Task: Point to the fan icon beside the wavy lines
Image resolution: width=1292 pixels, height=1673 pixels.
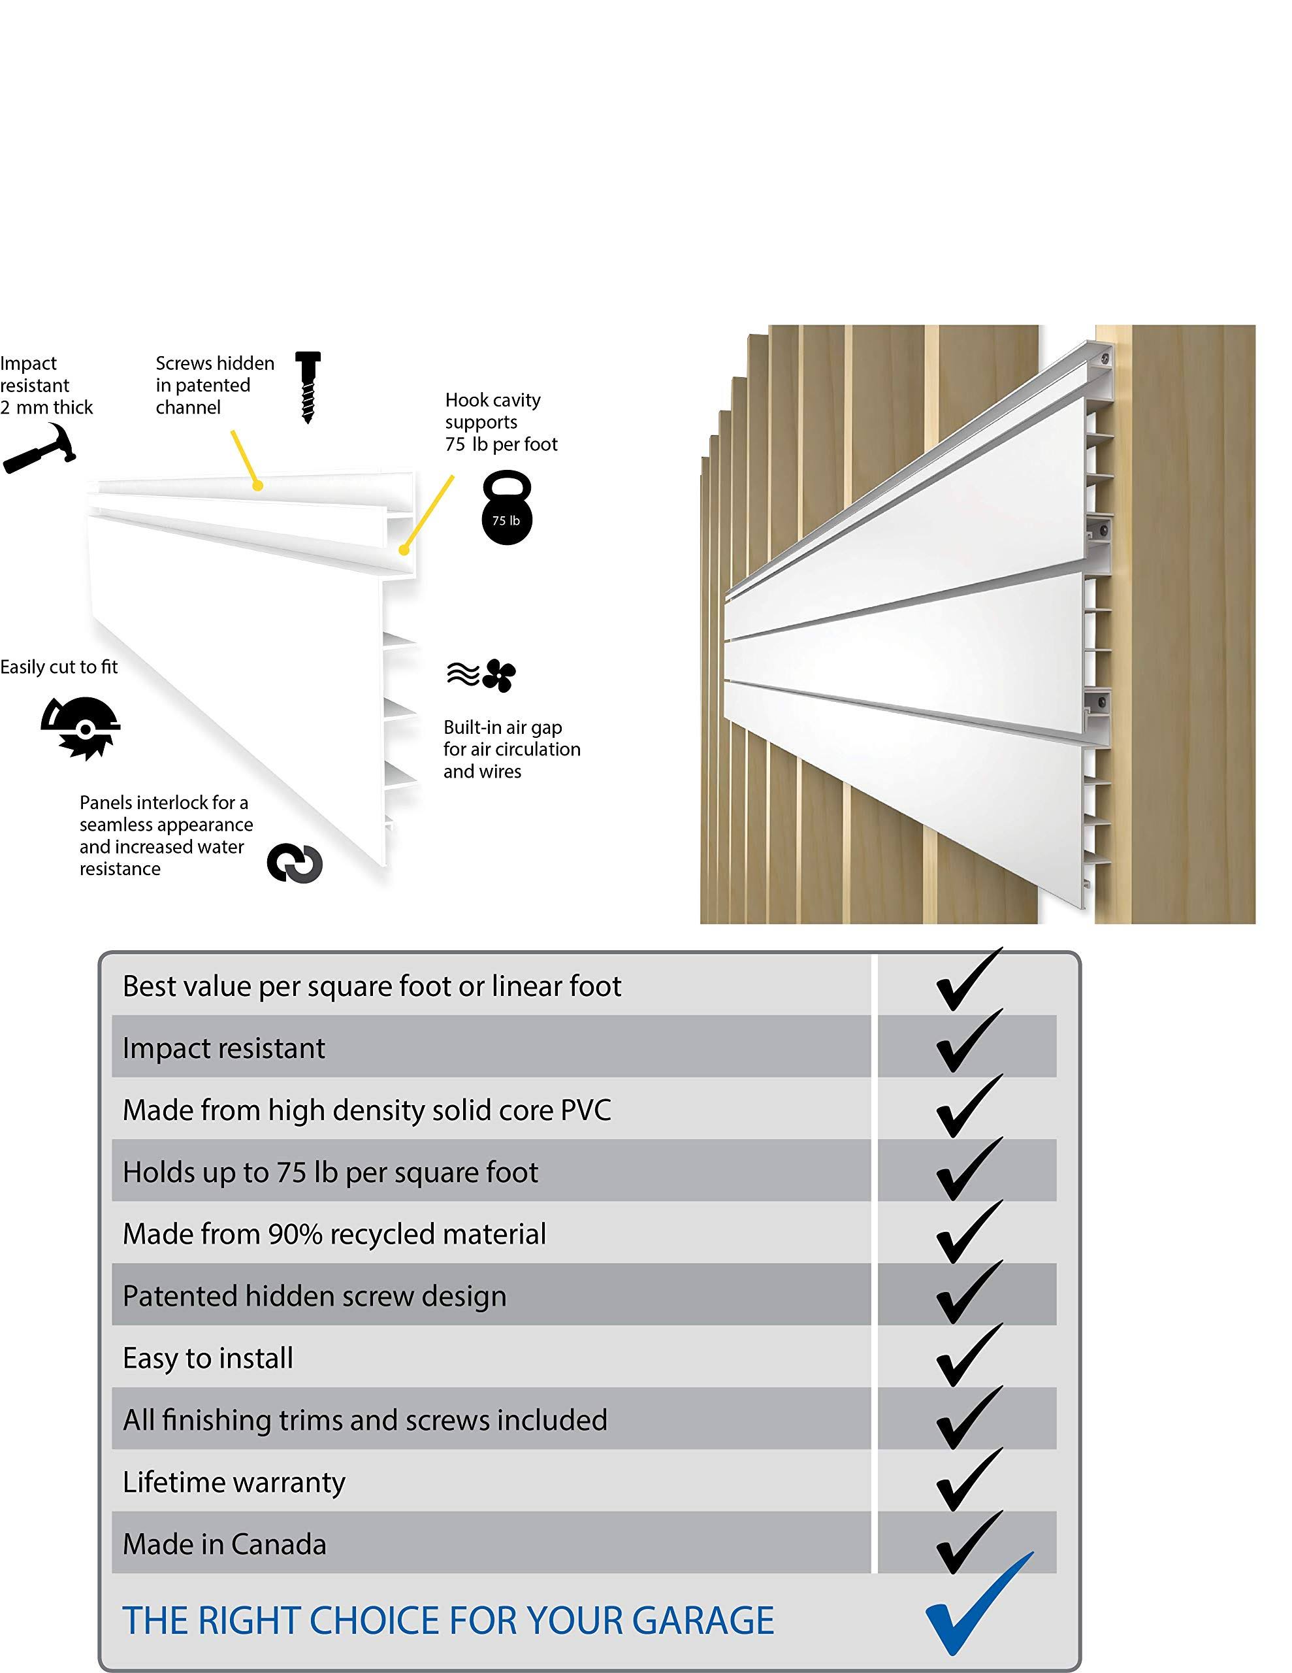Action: pos(499,675)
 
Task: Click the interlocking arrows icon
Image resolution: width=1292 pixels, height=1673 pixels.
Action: pos(295,863)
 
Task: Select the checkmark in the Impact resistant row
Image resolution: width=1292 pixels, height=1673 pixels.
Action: pos(967,1042)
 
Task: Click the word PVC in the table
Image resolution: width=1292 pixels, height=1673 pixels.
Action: pos(586,1110)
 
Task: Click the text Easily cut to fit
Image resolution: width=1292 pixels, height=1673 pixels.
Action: pos(59,667)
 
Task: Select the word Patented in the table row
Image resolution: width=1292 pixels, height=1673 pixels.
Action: pos(182,1296)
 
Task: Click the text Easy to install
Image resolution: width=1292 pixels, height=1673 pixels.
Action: pos(208,1358)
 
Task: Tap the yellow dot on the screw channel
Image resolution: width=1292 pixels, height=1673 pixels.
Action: pos(259,485)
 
